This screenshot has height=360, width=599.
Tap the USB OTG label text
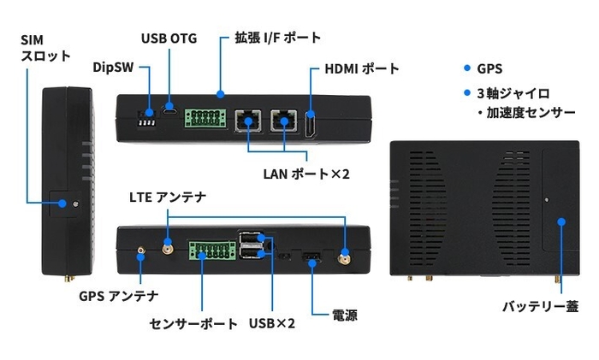click(x=169, y=38)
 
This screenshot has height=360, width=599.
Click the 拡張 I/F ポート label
click(x=277, y=38)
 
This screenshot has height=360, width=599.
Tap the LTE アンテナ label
click(x=168, y=197)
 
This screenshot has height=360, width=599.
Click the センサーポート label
click(x=193, y=324)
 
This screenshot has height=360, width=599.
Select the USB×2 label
click(x=272, y=324)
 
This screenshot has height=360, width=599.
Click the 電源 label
click(x=345, y=316)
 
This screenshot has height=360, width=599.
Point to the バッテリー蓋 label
click(x=540, y=305)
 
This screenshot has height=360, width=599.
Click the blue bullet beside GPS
click(x=466, y=68)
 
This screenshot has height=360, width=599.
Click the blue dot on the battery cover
click(x=561, y=221)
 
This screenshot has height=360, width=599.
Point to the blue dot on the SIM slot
click(x=64, y=204)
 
